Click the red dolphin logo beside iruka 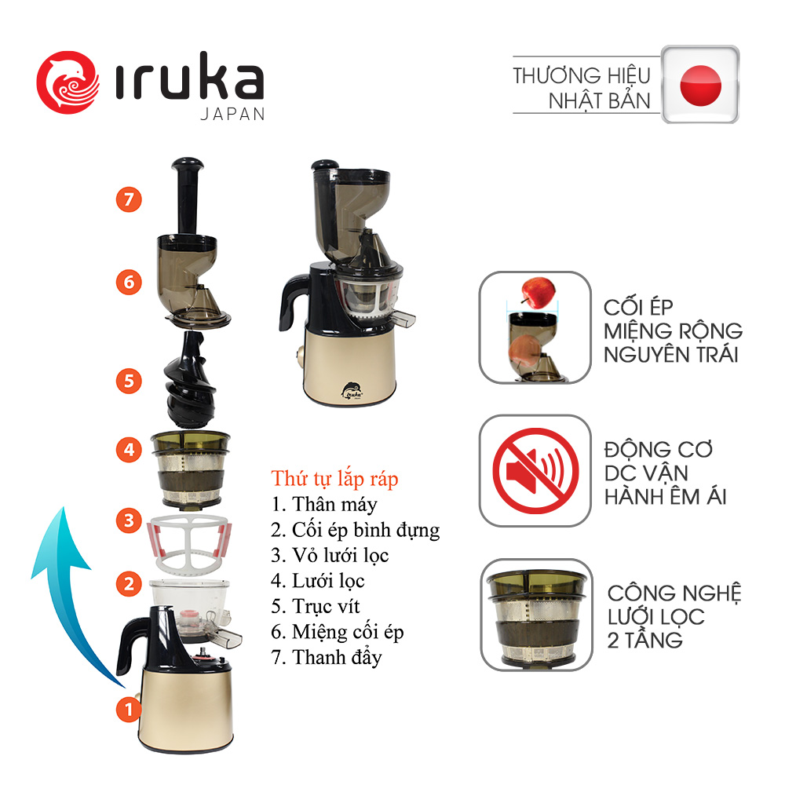pyautogui.click(x=68, y=82)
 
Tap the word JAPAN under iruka pyautogui.click(x=232, y=115)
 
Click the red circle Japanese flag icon pyautogui.click(x=700, y=85)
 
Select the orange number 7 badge pyautogui.click(x=129, y=199)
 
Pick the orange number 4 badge pyautogui.click(x=129, y=449)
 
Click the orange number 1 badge pyautogui.click(x=129, y=709)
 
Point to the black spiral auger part pyautogui.click(x=189, y=379)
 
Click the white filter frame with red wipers pyautogui.click(x=189, y=544)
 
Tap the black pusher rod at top pyautogui.click(x=188, y=195)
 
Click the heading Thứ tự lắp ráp pyautogui.click(x=334, y=479)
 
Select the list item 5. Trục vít pyautogui.click(x=316, y=606)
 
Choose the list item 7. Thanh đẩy pyautogui.click(x=327, y=657)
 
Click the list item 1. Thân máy pyautogui.click(x=324, y=504)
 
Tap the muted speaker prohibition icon pyautogui.click(x=535, y=470)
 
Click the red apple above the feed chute pyautogui.click(x=538, y=292)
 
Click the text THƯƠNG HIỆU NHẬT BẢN pyautogui.click(x=582, y=88)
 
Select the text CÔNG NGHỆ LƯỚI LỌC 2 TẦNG pyautogui.click(x=674, y=616)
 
